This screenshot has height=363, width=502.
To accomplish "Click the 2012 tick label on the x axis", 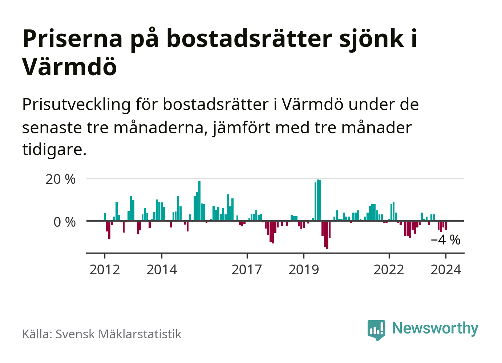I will (105, 270).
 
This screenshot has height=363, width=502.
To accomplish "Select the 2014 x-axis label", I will (162, 270).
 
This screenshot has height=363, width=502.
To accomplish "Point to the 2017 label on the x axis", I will (247, 270).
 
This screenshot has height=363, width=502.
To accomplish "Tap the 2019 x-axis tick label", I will (304, 270).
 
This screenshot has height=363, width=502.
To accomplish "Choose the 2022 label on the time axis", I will (389, 270).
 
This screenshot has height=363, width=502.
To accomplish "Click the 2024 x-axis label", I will (446, 270).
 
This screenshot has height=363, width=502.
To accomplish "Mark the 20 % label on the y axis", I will (61, 179).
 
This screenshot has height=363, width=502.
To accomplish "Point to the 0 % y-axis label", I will (65, 222).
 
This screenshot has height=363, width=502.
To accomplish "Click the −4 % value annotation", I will (445, 240).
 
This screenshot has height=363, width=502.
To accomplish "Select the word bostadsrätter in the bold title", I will (250, 38).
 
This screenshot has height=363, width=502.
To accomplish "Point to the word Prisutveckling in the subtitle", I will (76, 105).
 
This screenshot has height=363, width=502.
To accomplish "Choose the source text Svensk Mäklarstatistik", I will (118, 334).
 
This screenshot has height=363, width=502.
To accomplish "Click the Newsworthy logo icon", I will (376, 330).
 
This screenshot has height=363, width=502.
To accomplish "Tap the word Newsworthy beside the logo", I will (435, 328).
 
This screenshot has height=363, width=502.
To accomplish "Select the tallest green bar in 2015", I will (199, 201).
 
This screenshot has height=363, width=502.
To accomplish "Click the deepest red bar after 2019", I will (327, 235).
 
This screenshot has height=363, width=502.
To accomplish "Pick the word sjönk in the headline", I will (372, 38).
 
